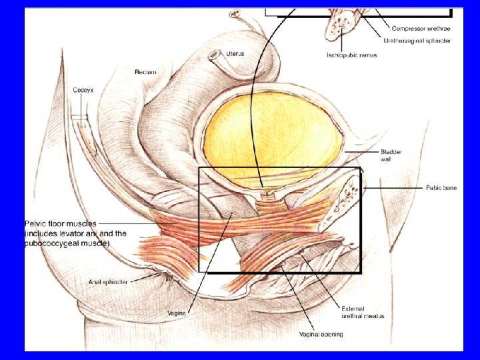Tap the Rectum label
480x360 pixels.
pos(145,71)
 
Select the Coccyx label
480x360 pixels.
pos(83,89)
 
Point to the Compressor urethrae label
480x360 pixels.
pos(421,28)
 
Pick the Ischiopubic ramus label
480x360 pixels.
pos(351,55)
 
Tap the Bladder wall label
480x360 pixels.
pos(391,156)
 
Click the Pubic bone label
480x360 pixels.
pos(441,188)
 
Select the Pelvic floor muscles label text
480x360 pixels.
pos(61,224)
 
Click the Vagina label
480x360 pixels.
pos(178,312)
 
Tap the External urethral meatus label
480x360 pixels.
pos(362,312)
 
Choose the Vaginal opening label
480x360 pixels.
pos(321,334)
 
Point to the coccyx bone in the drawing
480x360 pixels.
pos(85,133)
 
